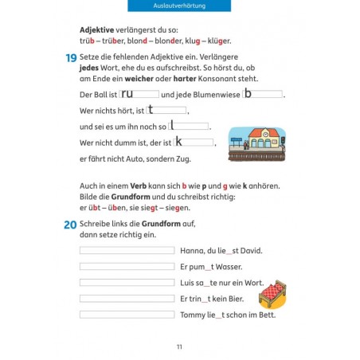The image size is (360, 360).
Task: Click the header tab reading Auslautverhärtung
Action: pyautogui.click(x=180, y=6)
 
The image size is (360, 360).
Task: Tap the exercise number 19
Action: pyautogui.click(x=70, y=57)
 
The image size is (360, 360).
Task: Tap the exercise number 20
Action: pyautogui.click(x=70, y=225)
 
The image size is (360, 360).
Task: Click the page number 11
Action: pyautogui.click(x=180, y=346)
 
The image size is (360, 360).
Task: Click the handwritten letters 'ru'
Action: pyautogui.click(x=127, y=93)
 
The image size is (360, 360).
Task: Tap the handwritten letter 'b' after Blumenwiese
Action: pyautogui.click(x=248, y=93)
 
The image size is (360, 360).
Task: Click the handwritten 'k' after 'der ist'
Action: pyautogui.click(x=179, y=142)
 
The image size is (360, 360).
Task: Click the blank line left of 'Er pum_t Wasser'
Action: pyautogui.click(x=127, y=267)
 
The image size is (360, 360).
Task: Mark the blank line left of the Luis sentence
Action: pyautogui.click(x=127, y=283)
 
